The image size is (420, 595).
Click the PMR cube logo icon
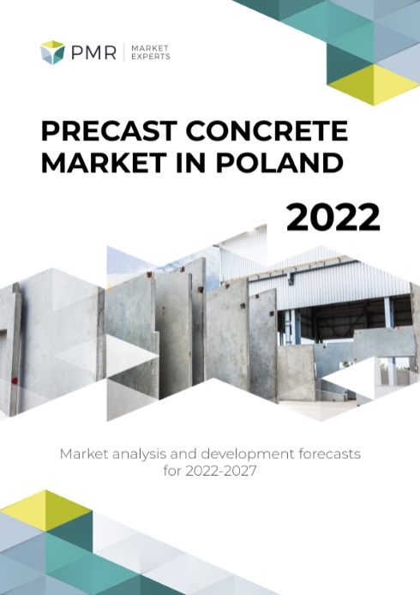click(x=53, y=52)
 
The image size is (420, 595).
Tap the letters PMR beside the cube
click(x=93, y=52)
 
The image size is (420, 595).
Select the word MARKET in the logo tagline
click(x=149, y=48)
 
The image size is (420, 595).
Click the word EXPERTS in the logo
click(x=150, y=57)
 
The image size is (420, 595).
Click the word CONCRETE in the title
click(x=267, y=130)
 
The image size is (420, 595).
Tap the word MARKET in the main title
click(x=103, y=162)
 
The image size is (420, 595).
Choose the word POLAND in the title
click(x=279, y=162)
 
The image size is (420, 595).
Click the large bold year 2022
click(x=333, y=217)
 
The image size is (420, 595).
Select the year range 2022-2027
click(x=221, y=471)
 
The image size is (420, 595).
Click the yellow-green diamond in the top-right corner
click(x=374, y=84)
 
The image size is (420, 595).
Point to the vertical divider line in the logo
click(x=123, y=52)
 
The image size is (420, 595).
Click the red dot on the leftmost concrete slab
click(x=15, y=380)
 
